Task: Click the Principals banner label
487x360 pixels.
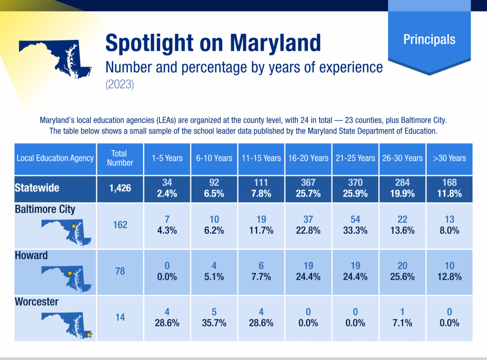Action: click(429, 40)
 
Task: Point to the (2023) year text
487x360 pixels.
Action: click(119, 85)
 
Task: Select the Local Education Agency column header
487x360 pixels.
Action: click(55, 158)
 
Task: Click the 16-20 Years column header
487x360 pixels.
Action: click(308, 158)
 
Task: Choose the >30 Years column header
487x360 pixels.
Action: click(449, 158)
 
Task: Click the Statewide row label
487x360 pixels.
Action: click(37, 188)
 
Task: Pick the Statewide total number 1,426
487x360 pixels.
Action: click(120, 188)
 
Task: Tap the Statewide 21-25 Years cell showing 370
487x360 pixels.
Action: click(355, 188)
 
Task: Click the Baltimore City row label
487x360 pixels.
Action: click(45, 209)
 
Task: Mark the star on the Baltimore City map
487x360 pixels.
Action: click(74, 226)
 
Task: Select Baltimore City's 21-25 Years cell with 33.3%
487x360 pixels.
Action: click(355, 225)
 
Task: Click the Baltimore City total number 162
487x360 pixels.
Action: click(120, 225)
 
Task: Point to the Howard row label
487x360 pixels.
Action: click(31, 256)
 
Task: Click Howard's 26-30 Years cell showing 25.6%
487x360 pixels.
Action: click(402, 272)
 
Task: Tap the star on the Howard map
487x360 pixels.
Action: click(70, 273)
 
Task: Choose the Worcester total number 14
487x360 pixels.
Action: click(120, 317)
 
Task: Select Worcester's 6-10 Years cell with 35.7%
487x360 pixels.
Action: click(214, 317)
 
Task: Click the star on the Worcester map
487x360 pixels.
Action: click(89, 335)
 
